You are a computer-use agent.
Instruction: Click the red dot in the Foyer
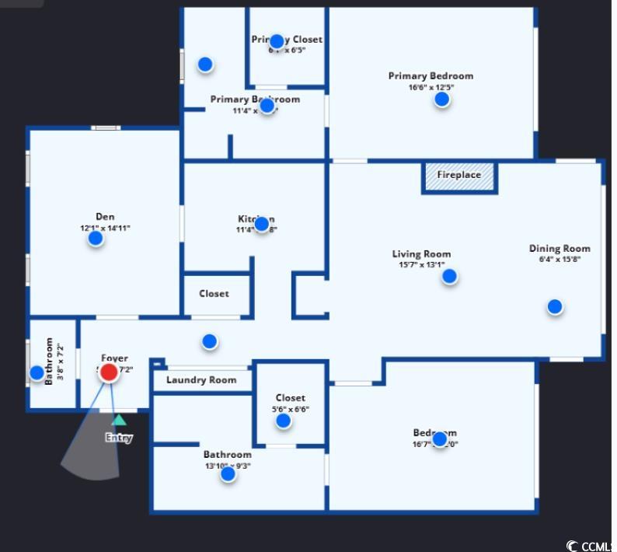pyautogui.click(x=110, y=372)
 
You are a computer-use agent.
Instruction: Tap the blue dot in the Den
pyautogui.click(x=96, y=239)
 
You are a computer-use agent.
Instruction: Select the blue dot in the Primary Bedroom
pyautogui.click(x=442, y=99)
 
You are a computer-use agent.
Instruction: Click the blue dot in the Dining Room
pyautogui.click(x=555, y=306)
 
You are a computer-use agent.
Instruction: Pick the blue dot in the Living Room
pyautogui.click(x=449, y=276)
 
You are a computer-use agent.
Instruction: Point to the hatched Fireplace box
pyautogui.click(x=459, y=176)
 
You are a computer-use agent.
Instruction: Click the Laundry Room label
pyautogui.click(x=201, y=380)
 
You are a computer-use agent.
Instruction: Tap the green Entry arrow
pyautogui.click(x=119, y=420)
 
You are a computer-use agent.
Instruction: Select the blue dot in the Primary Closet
pyautogui.click(x=277, y=41)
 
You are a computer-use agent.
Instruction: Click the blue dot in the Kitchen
pyautogui.click(x=262, y=224)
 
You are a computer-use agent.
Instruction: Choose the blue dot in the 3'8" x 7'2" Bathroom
pyautogui.click(x=37, y=372)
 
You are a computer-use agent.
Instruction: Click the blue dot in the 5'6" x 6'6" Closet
pyautogui.click(x=284, y=421)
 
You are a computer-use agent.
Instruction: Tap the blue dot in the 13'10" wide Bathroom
pyautogui.click(x=228, y=473)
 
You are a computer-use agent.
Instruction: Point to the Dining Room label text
pyautogui.click(x=559, y=249)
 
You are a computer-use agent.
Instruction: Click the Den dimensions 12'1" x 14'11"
pyautogui.click(x=105, y=228)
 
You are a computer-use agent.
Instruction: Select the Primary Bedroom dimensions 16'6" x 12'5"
pyautogui.click(x=431, y=87)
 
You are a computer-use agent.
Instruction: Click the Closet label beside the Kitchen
pyautogui.click(x=214, y=294)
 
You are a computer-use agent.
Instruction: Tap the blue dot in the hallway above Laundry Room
pyautogui.click(x=209, y=341)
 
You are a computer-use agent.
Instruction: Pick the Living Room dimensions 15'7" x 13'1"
pyautogui.click(x=421, y=264)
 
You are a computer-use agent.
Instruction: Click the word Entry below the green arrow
pyautogui.click(x=119, y=438)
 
